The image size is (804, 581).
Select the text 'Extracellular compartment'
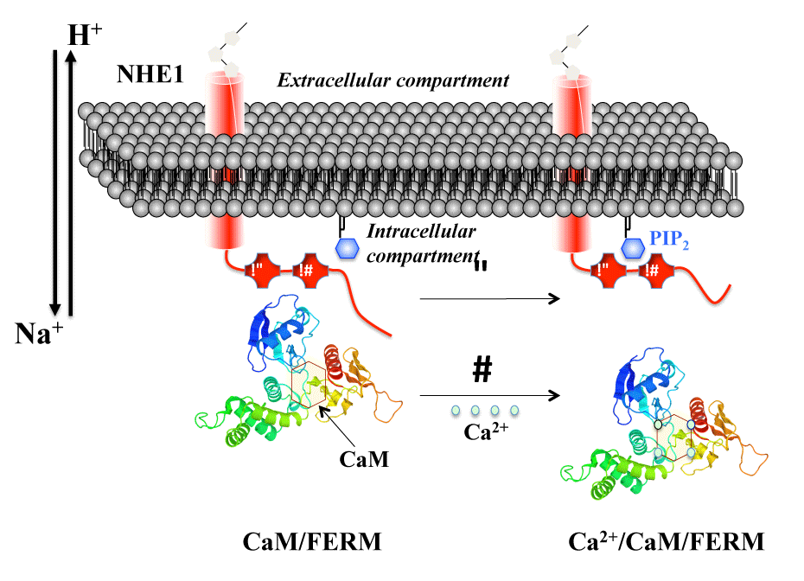[x=392, y=80]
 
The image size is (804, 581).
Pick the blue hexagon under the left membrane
[x=348, y=248]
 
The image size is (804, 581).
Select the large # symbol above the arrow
[x=482, y=369]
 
